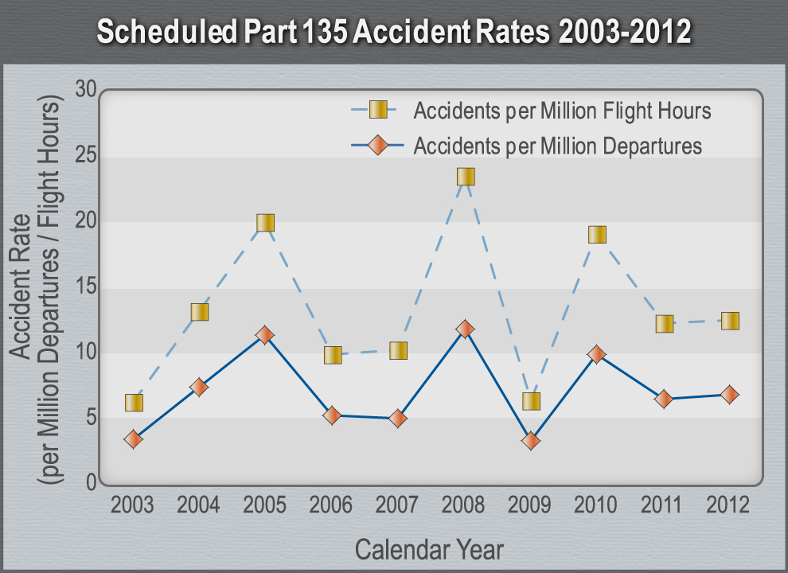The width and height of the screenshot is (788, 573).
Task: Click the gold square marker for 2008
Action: pyautogui.click(x=466, y=177)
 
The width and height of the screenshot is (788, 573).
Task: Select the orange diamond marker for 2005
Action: pyautogui.click(x=265, y=335)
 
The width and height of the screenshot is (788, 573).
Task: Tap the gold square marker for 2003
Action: pyautogui.click(x=134, y=403)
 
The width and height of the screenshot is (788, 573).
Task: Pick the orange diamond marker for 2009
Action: pyautogui.click(x=531, y=441)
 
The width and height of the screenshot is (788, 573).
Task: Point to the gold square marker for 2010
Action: pyautogui.click(x=597, y=235)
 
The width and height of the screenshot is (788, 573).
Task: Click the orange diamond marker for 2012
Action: pyautogui.click(x=729, y=395)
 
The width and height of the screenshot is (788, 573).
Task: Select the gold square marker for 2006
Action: pyautogui.click(x=333, y=355)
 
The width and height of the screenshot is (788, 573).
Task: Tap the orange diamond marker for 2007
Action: pyautogui.click(x=399, y=419)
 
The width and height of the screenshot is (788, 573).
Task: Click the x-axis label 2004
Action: pyautogui.click(x=199, y=505)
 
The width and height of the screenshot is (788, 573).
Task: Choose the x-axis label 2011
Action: pyautogui.click(x=662, y=505)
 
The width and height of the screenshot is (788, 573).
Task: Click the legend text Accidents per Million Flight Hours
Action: pyautogui.click(x=562, y=110)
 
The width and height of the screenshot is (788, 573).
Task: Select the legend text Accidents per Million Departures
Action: pyautogui.click(x=557, y=146)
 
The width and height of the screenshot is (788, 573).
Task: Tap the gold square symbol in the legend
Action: pyautogui.click(x=379, y=109)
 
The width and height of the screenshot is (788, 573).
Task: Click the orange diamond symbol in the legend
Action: pyautogui.click(x=379, y=145)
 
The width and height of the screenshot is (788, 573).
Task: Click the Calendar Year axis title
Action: pyautogui.click(x=429, y=549)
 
